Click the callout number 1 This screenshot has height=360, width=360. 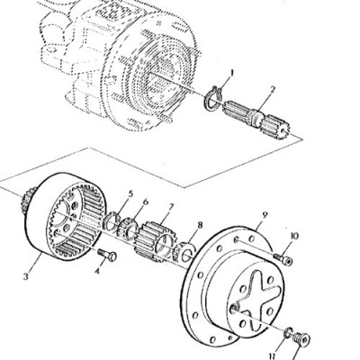click(231, 73)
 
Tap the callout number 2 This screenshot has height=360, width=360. click(272, 90)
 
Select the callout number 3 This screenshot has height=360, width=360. click(26, 276)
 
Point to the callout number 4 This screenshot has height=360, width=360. click(97, 272)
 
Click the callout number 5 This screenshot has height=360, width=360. click(130, 193)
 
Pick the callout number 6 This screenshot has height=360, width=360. click(146, 202)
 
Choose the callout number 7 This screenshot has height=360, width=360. click(171, 207)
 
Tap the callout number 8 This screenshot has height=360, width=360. click(200, 225)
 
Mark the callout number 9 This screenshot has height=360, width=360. click(265, 215)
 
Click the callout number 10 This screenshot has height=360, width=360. click(294, 236)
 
